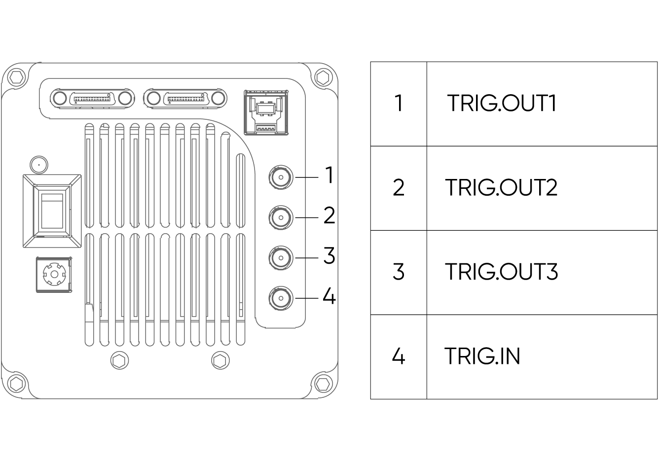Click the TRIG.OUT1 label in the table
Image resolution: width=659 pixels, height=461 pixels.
(502, 104)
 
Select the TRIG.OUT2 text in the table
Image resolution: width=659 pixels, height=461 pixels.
(502, 188)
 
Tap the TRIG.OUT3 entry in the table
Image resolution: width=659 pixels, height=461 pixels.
(502, 272)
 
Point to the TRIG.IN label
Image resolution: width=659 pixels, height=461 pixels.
(482, 356)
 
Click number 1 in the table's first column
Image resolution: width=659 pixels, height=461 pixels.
(399, 104)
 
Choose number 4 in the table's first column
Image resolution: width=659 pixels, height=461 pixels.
(399, 356)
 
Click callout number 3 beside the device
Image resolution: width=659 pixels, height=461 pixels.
(329, 256)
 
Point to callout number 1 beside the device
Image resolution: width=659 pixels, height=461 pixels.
(329, 175)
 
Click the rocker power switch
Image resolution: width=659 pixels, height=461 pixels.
(52, 211)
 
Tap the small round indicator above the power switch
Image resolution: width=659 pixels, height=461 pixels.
(38, 164)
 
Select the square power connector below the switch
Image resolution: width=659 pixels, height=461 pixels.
(54, 274)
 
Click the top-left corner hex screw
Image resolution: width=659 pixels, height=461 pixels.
(16, 77)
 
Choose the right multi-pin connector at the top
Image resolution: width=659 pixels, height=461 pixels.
(185, 98)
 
